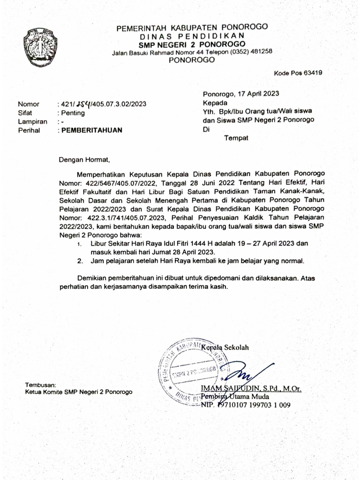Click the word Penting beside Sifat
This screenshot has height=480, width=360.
[72, 113]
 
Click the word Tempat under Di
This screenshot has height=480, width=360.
[237, 138]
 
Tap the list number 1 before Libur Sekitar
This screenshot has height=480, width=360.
[79, 244]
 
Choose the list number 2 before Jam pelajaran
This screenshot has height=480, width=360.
[80, 261]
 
